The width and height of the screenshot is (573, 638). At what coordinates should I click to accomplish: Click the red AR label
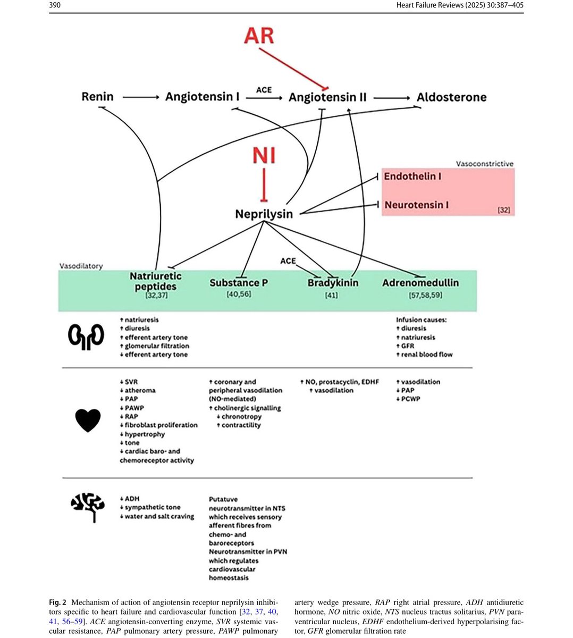pyautogui.click(x=259, y=36)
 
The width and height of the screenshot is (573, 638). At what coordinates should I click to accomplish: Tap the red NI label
pyautogui.click(x=264, y=156)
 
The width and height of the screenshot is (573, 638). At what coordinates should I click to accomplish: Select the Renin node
pyautogui.click(x=97, y=97)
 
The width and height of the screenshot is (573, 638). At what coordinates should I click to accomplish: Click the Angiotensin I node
pyautogui.click(x=202, y=97)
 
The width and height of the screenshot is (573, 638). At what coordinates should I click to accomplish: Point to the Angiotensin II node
pyautogui.click(x=327, y=97)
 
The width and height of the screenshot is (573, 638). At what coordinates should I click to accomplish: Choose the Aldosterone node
pyautogui.click(x=451, y=97)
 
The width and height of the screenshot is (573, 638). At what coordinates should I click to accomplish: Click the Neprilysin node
pyautogui.click(x=264, y=214)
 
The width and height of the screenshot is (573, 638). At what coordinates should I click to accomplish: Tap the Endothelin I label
pyautogui.click(x=412, y=176)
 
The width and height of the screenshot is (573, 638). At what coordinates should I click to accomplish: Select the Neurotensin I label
pyautogui.click(x=416, y=205)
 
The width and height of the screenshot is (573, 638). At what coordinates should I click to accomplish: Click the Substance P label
pyautogui.click(x=239, y=283)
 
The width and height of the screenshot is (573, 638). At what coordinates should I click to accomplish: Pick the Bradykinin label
pyautogui.click(x=333, y=283)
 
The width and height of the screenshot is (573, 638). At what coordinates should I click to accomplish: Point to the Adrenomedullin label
pyautogui.click(x=420, y=283)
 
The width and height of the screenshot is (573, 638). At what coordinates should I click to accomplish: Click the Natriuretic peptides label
pyautogui.click(x=155, y=281)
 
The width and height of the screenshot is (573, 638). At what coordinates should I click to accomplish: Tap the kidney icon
pyautogui.click(x=86, y=337)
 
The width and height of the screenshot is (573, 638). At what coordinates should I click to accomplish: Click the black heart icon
pyautogui.click(x=88, y=420)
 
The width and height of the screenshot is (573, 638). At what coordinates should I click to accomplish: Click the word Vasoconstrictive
pyautogui.click(x=485, y=164)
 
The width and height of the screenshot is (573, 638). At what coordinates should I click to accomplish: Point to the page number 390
pyautogui.click(x=55, y=6)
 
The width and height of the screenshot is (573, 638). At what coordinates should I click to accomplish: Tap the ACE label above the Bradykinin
pyautogui.click(x=288, y=261)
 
